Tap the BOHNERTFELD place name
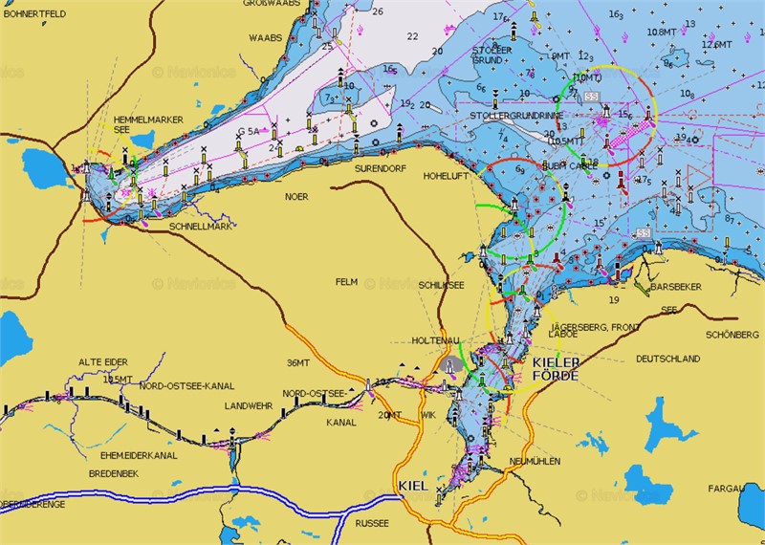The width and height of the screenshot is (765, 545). [34, 12]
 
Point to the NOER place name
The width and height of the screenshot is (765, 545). [296, 196]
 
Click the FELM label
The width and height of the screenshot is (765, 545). [345, 282]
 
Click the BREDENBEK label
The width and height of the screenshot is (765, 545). [115, 473]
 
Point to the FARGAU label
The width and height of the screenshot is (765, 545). [726, 489]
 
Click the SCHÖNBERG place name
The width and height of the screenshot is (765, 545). [732, 335]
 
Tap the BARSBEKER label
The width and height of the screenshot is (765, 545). [675, 287]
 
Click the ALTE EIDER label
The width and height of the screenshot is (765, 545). [102, 361]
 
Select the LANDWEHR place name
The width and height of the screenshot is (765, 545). [249, 404]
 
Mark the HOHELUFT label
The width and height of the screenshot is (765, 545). [445, 177]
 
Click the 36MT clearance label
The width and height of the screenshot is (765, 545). [298, 362]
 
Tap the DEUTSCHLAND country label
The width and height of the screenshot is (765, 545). [668, 359]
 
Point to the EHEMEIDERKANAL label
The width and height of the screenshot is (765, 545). [132, 455]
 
